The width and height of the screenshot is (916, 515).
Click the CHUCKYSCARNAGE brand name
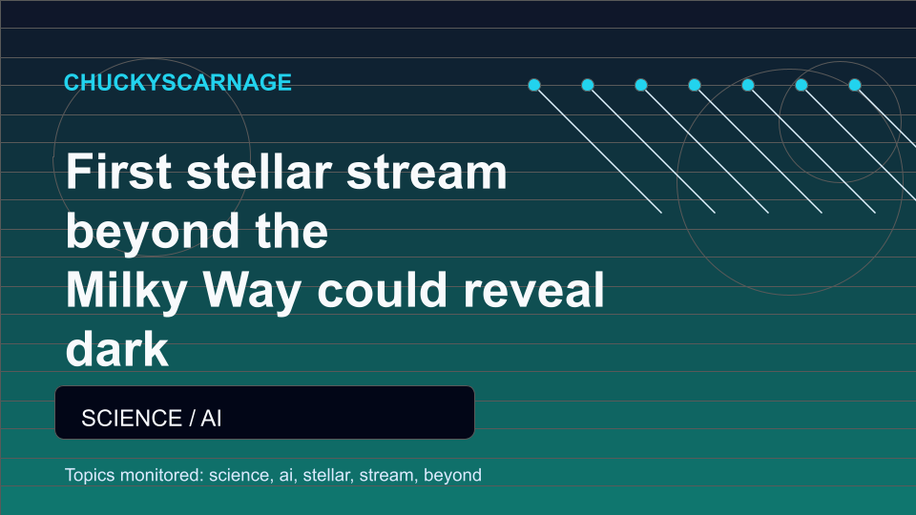pos(177,82)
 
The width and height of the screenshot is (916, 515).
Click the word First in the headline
pos(118,171)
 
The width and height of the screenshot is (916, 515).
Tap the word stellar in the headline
pos(259,171)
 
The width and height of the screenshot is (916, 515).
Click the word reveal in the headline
pos(533,290)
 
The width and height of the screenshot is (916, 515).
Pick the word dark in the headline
pos(116,349)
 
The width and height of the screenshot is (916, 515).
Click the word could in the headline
pos(382,290)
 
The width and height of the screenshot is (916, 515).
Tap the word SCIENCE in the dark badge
pos(132,418)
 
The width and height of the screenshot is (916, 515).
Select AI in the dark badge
pos(211,418)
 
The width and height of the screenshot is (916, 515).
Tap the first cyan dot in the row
pos(534,85)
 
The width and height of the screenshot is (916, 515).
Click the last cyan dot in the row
pos(855,85)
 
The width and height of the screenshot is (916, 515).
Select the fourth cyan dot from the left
pos(695,85)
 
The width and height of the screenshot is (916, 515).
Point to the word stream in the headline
pos(427,171)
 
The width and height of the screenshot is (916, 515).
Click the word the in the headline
pos(291,230)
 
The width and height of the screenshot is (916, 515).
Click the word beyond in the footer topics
pos(452,475)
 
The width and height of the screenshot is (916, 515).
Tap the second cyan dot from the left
pos(588,85)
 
